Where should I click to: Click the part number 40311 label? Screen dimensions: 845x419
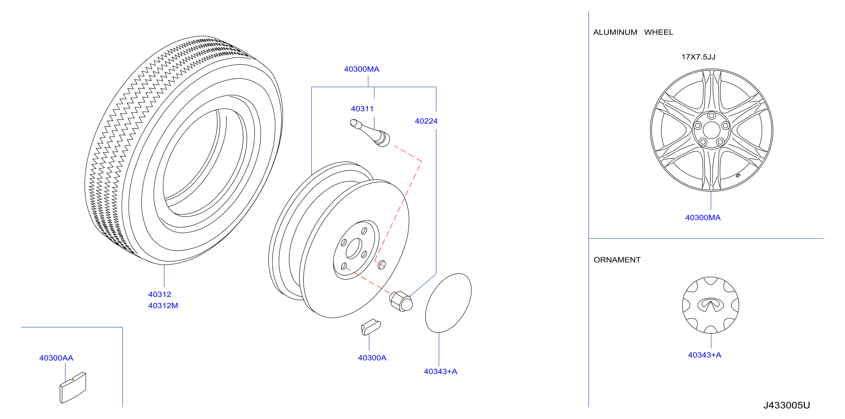[x=362, y=109]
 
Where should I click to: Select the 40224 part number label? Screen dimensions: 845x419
[x=426, y=121]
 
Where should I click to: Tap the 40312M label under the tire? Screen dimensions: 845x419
[x=163, y=306]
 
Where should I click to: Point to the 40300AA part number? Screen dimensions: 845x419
[x=56, y=358]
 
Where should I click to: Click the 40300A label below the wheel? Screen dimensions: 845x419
[x=372, y=358]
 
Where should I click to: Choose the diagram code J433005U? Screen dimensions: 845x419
[x=786, y=405]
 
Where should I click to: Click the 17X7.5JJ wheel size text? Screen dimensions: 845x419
[x=698, y=57]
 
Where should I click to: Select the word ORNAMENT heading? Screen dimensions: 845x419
[x=617, y=260]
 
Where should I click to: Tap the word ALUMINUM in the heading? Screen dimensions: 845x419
[x=615, y=32]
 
